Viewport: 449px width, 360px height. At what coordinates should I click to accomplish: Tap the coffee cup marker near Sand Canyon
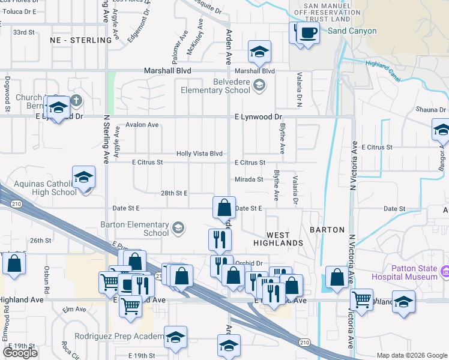click(307, 32)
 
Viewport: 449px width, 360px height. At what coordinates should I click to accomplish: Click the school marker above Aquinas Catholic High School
click(84, 178)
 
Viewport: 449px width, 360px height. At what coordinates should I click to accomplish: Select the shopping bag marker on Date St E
click(224, 208)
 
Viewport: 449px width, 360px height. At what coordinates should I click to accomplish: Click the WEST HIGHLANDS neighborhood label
click(277, 239)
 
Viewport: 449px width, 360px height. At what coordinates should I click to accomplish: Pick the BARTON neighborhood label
click(328, 230)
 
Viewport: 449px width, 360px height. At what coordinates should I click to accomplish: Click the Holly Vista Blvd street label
click(199, 154)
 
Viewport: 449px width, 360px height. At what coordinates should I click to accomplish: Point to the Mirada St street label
click(249, 179)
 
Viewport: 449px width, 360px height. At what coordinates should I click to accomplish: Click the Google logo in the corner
click(20, 353)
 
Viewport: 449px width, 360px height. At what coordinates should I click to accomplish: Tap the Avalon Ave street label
click(142, 125)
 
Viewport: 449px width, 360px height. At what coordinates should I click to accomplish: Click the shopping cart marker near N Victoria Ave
click(361, 299)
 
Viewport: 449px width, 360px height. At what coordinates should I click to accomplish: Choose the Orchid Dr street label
click(250, 263)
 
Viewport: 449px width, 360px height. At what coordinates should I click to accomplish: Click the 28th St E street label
click(175, 193)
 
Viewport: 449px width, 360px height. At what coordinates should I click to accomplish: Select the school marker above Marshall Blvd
click(259, 52)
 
